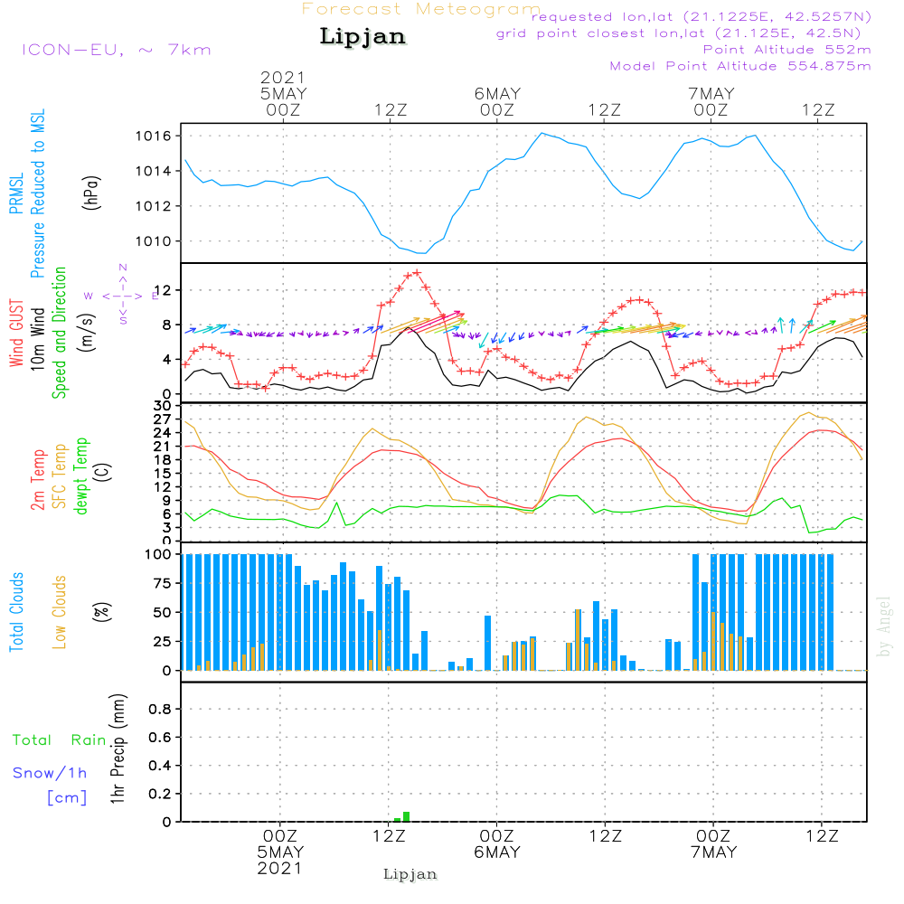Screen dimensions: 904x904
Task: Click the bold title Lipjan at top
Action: click(363, 37)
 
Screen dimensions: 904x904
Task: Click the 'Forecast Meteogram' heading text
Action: click(421, 9)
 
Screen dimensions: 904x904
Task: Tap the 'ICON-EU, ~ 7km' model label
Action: click(116, 49)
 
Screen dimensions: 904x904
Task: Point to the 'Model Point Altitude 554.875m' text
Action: click(740, 66)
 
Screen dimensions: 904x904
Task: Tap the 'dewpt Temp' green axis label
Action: click(82, 476)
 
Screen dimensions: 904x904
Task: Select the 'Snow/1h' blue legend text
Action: click(50, 774)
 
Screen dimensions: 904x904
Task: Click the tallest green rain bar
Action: click(407, 816)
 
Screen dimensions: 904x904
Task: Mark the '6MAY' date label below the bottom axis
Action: click(496, 852)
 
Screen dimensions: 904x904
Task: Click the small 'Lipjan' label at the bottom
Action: click(410, 874)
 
